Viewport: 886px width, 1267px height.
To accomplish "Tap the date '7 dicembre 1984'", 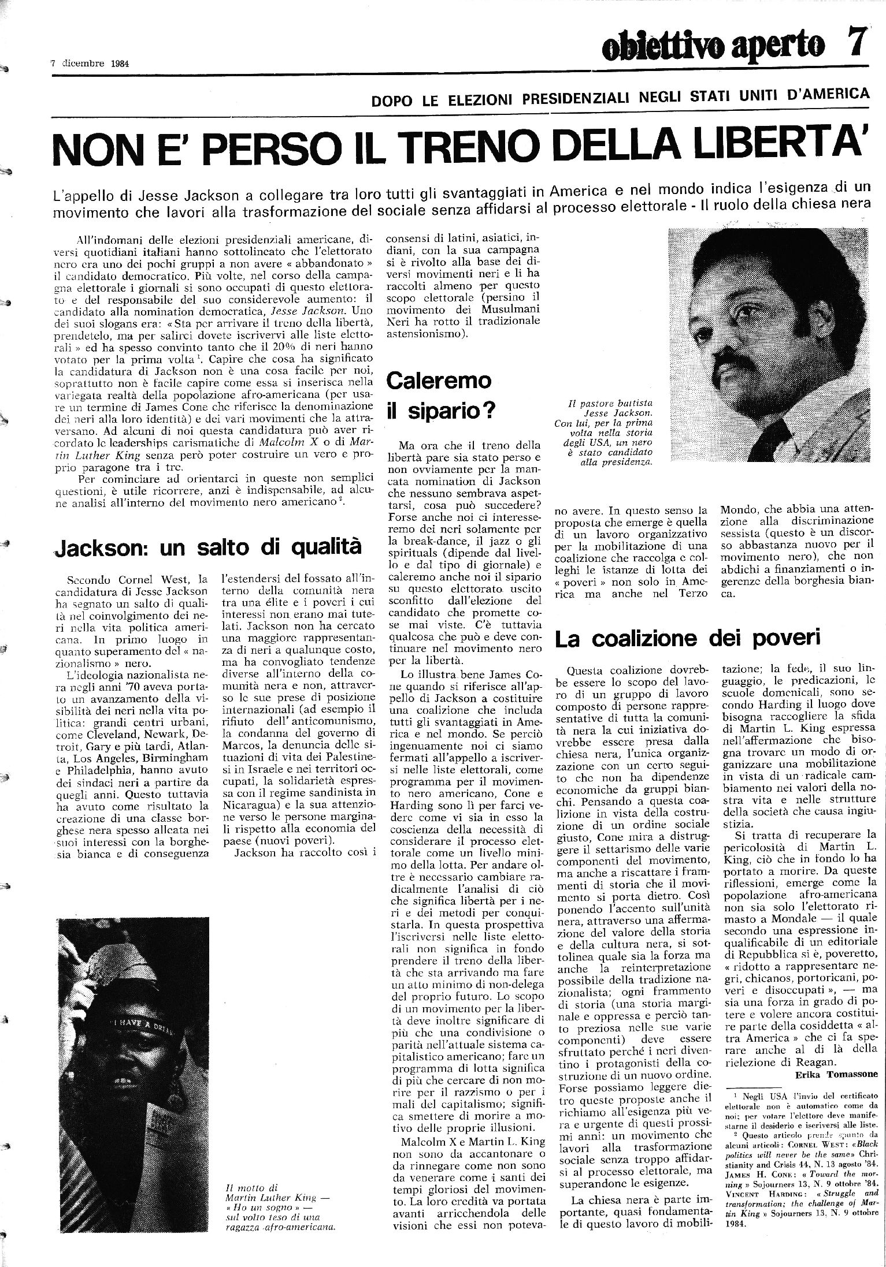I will click(90, 64).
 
